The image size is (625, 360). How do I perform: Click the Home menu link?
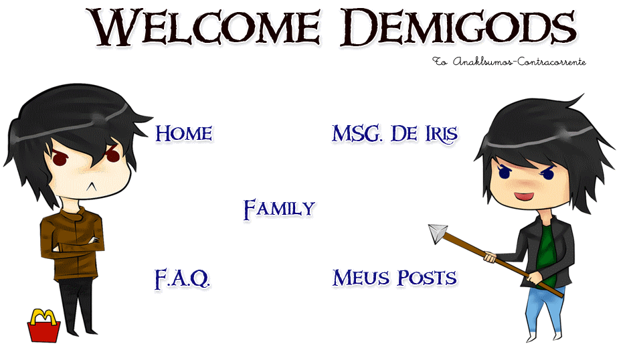click(183, 134)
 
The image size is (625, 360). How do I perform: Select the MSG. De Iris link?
click(394, 134)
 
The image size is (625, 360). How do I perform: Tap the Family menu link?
click(278, 209)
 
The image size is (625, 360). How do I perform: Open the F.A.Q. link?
click(182, 278)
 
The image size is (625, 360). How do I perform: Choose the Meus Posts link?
click(394, 278)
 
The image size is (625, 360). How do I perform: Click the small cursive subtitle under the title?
click(509, 62)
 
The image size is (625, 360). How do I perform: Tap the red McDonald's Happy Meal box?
click(43, 330)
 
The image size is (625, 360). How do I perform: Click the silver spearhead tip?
click(438, 233)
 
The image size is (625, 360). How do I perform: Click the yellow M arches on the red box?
click(43, 316)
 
